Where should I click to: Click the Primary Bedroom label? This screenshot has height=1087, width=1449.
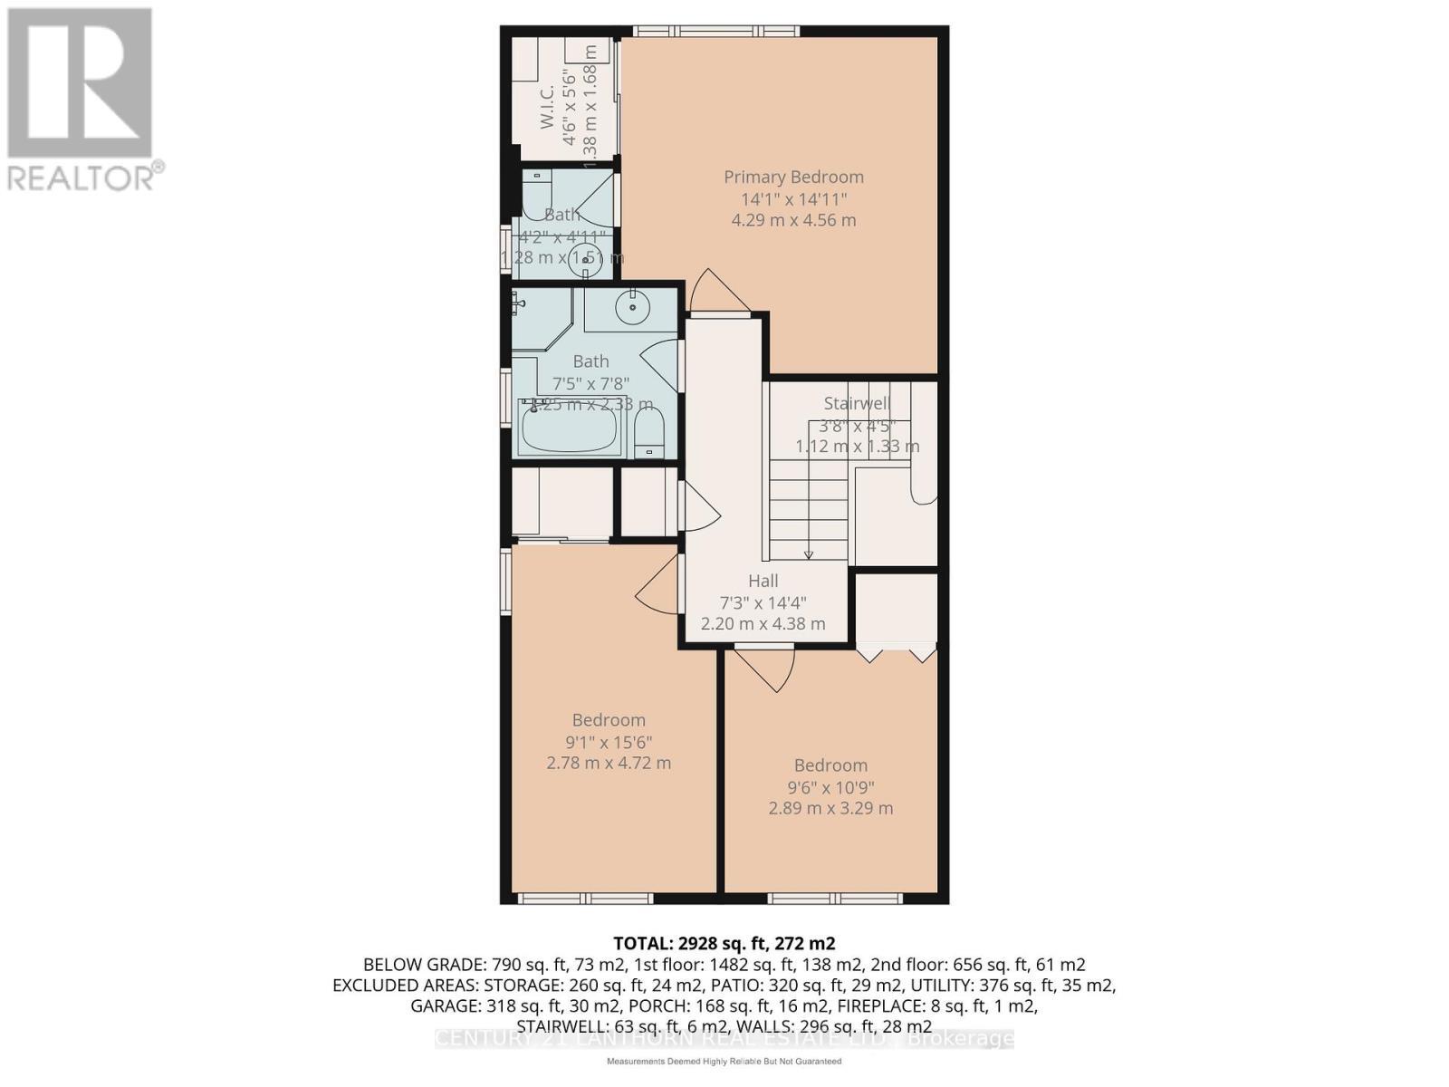tap(793, 177)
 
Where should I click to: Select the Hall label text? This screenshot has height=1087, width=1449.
tap(763, 581)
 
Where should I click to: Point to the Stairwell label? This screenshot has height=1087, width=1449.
tap(857, 403)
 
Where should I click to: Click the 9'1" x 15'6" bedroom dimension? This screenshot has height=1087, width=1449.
tap(609, 742)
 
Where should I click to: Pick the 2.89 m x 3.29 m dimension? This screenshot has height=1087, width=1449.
tap(830, 808)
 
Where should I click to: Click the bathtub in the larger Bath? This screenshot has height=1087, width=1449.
tap(570, 431)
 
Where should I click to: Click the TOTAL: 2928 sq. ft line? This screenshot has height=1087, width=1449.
tap(724, 943)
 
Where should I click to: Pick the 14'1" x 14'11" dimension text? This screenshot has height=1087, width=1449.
tap(793, 198)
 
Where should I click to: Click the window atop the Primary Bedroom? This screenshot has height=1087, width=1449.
tap(715, 32)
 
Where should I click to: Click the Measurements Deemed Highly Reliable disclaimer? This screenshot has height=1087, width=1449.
tap(724, 1061)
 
